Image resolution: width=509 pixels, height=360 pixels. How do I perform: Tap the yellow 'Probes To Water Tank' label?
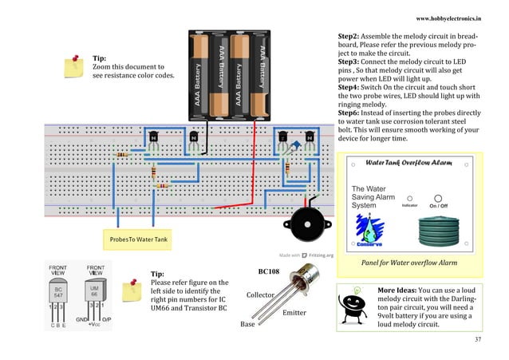tap(133, 239)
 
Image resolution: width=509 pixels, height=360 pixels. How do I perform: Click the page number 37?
tap(478, 340)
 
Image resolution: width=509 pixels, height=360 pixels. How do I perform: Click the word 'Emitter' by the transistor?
tap(294, 313)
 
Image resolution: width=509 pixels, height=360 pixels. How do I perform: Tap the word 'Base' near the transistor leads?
tap(248, 325)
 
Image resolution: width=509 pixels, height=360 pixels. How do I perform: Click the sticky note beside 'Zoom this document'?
tap(77, 62)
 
